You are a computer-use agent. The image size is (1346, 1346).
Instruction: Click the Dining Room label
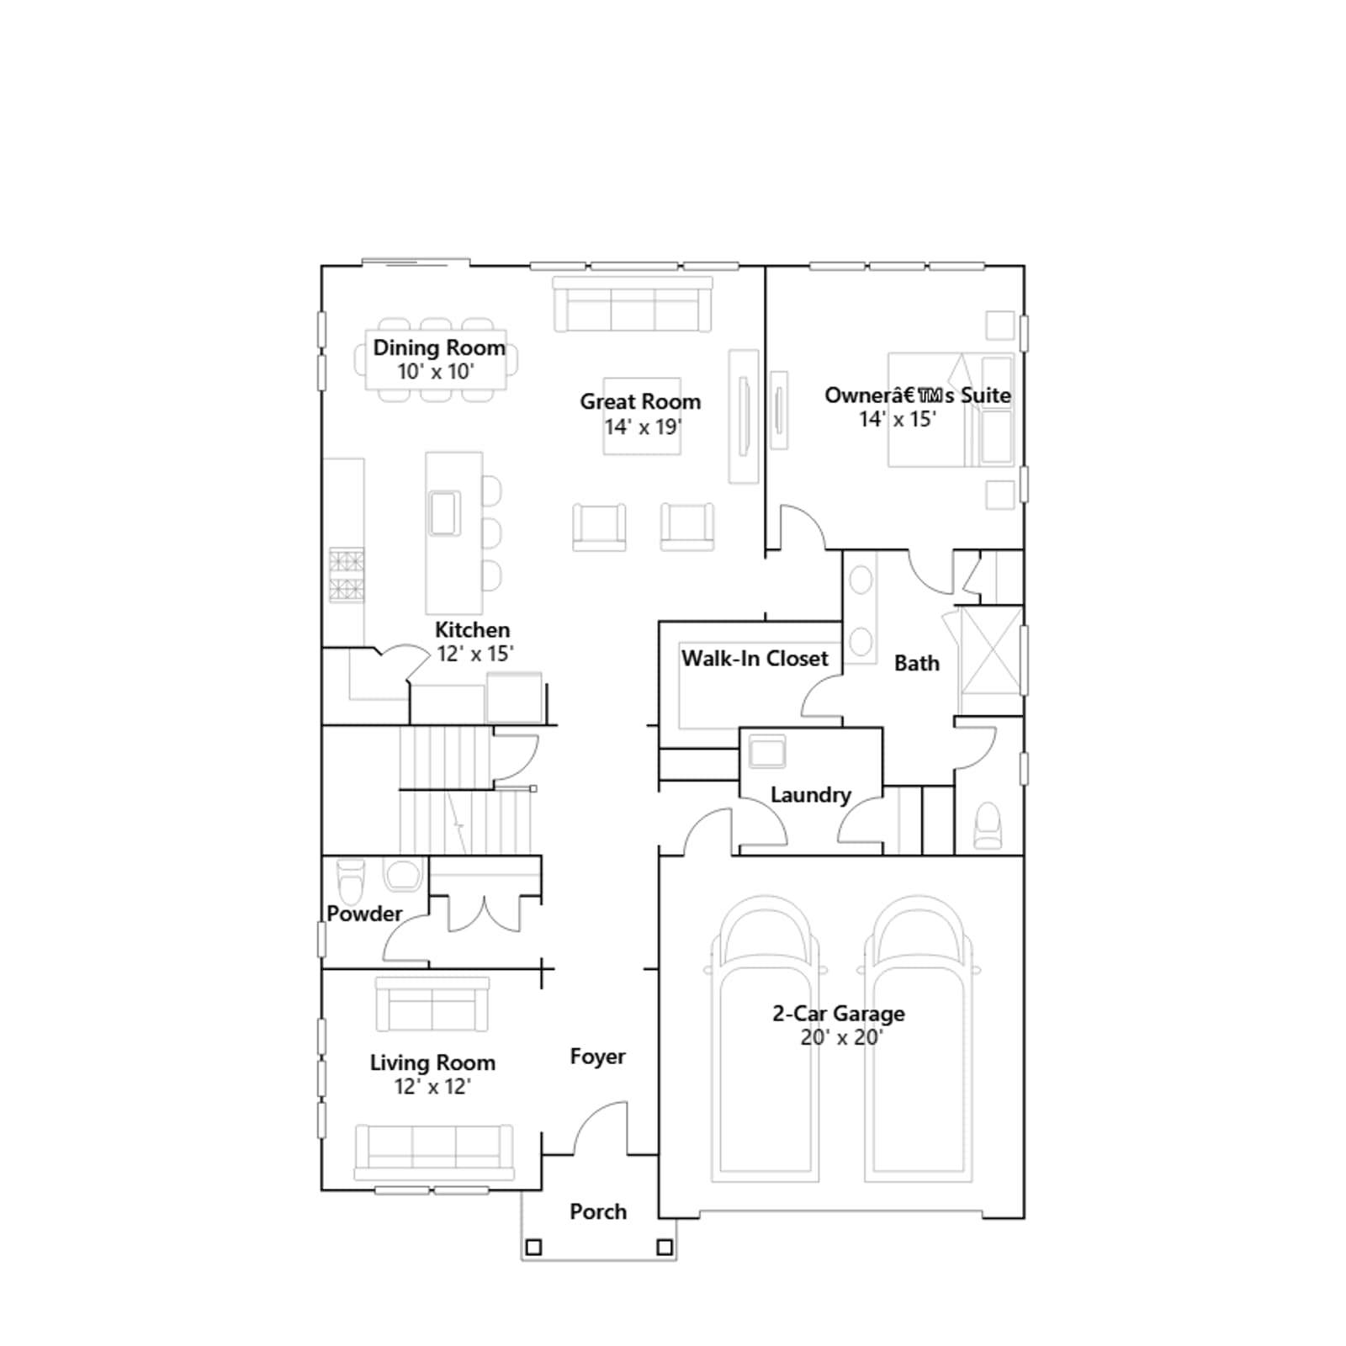click(x=439, y=347)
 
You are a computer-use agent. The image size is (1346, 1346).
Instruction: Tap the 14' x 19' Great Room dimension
click(x=643, y=427)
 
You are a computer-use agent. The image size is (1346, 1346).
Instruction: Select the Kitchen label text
click(x=472, y=629)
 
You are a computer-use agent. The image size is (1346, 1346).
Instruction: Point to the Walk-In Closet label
click(x=755, y=658)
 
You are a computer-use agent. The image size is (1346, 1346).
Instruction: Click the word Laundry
click(x=810, y=795)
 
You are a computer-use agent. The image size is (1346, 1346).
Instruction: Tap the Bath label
click(x=916, y=663)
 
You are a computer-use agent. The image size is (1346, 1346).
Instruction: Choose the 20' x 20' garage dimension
click(x=840, y=1037)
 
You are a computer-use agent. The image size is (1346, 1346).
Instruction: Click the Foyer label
click(x=597, y=1057)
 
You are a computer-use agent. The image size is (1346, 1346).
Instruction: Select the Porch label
click(x=598, y=1211)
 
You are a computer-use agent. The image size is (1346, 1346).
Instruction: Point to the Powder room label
click(x=364, y=914)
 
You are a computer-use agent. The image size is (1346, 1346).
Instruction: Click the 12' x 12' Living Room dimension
click(x=432, y=1086)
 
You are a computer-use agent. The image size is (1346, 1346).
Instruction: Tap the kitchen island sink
click(x=444, y=513)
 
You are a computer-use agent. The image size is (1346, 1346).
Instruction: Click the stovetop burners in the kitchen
click(x=347, y=575)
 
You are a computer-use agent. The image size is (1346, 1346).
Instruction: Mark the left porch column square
click(x=533, y=1247)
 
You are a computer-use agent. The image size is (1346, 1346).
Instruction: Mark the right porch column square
click(x=665, y=1247)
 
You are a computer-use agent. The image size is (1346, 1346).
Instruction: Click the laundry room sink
click(x=766, y=751)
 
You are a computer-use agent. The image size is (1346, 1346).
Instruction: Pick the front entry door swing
click(x=601, y=1128)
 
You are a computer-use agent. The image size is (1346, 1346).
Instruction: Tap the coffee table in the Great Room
click(x=642, y=416)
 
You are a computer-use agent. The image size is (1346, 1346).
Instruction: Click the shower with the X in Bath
click(x=991, y=649)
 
